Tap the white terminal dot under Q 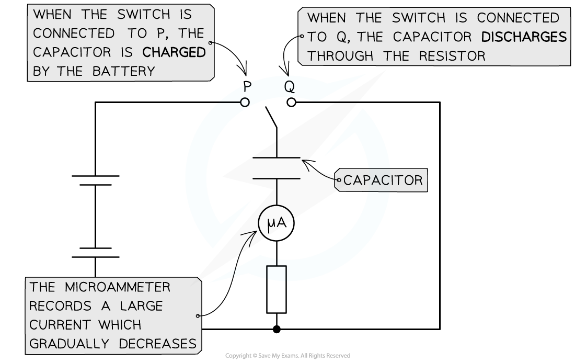tap(291, 103)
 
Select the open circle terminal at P tap(245, 103)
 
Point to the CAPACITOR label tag tap(383, 180)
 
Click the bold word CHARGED tap(174, 52)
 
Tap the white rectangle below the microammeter tap(277, 289)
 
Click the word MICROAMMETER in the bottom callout tap(118, 287)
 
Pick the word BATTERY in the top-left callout tap(124, 72)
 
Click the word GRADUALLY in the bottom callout tap(69, 344)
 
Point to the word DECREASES tap(158, 344)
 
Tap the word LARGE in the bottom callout tap(141, 306)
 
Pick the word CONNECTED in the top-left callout tap(74, 33)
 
